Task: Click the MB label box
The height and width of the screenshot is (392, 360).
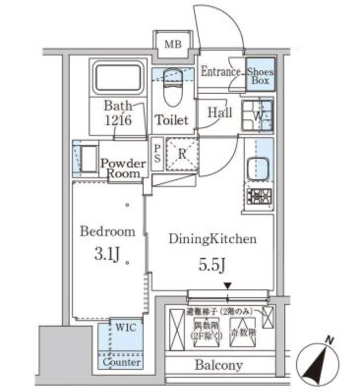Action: tap(173, 45)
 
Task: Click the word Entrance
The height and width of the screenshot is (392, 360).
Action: tap(220, 72)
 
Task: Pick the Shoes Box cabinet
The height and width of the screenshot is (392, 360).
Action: tap(260, 75)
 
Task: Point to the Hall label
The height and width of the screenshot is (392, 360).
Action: tap(219, 112)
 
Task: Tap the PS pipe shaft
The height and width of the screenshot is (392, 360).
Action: tap(157, 153)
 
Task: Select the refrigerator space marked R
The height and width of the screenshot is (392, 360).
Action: tap(181, 154)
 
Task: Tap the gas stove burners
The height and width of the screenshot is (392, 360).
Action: tap(259, 197)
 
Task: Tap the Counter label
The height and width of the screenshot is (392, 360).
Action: tap(121, 363)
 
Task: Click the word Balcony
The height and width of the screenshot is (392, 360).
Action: tap(219, 365)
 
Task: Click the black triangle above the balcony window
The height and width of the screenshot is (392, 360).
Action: tap(227, 285)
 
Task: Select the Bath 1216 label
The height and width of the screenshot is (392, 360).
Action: tap(118, 113)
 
